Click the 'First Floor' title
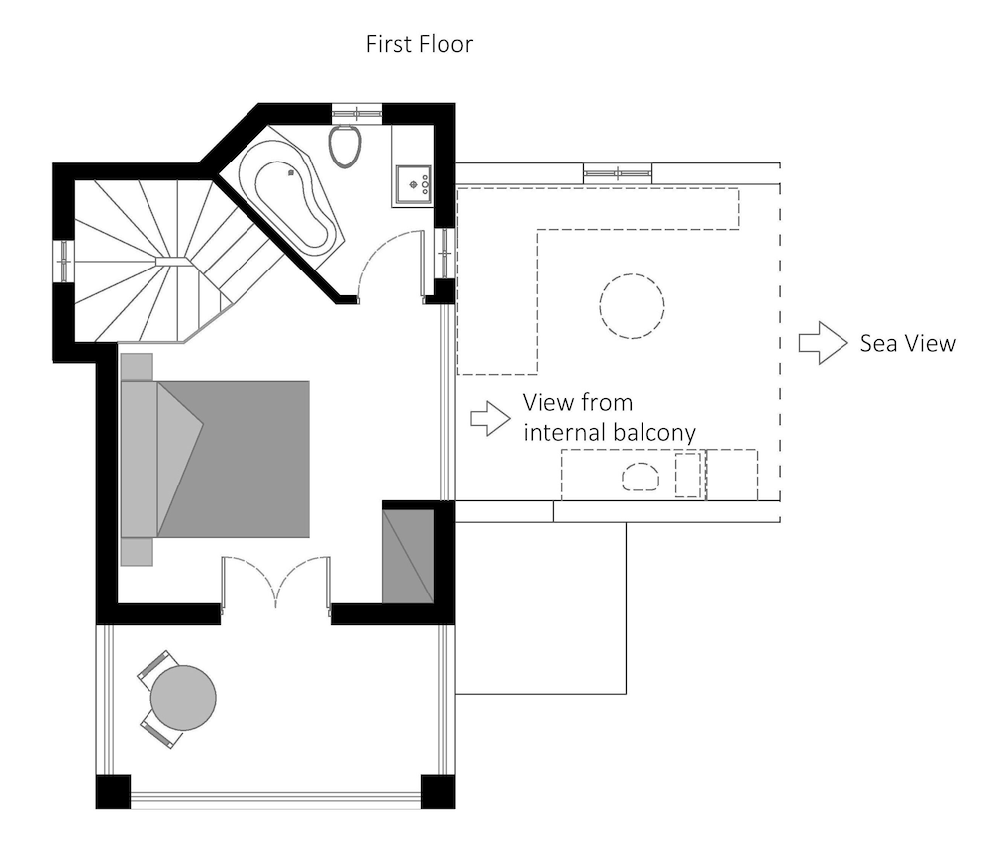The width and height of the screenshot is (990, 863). pos(420,44)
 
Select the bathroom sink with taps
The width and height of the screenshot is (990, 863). pos(412,183)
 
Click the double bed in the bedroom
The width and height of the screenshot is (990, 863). pos(233,459)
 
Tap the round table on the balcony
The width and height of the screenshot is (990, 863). pos(183,698)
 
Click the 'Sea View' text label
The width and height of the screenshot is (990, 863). pos(908,344)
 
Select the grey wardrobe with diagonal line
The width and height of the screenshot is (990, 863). pos(408,555)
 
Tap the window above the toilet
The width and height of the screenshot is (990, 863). pos(356,113)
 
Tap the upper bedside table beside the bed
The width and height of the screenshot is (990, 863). pos(137,367)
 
